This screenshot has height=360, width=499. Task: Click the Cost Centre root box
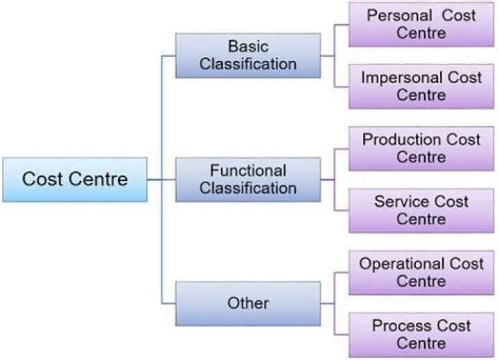point(75,179)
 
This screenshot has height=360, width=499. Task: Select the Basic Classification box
point(248,55)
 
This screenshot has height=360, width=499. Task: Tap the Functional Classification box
point(248,179)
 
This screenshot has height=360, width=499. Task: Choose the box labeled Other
point(248,303)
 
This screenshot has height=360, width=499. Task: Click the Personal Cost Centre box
point(421,24)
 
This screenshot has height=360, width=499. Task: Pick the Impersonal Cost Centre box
point(421,86)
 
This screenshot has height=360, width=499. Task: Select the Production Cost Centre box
point(421,148)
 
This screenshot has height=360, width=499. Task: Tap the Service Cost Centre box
point(421,210)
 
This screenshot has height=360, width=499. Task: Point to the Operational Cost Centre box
point(421,272)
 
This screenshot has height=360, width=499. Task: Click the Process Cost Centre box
point(421,334)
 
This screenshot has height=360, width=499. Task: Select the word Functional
point(248,171)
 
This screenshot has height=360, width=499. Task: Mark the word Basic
point(248,46)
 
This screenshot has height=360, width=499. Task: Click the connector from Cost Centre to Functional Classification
point(161,180)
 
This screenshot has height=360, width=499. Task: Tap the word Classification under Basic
point(248,65)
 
